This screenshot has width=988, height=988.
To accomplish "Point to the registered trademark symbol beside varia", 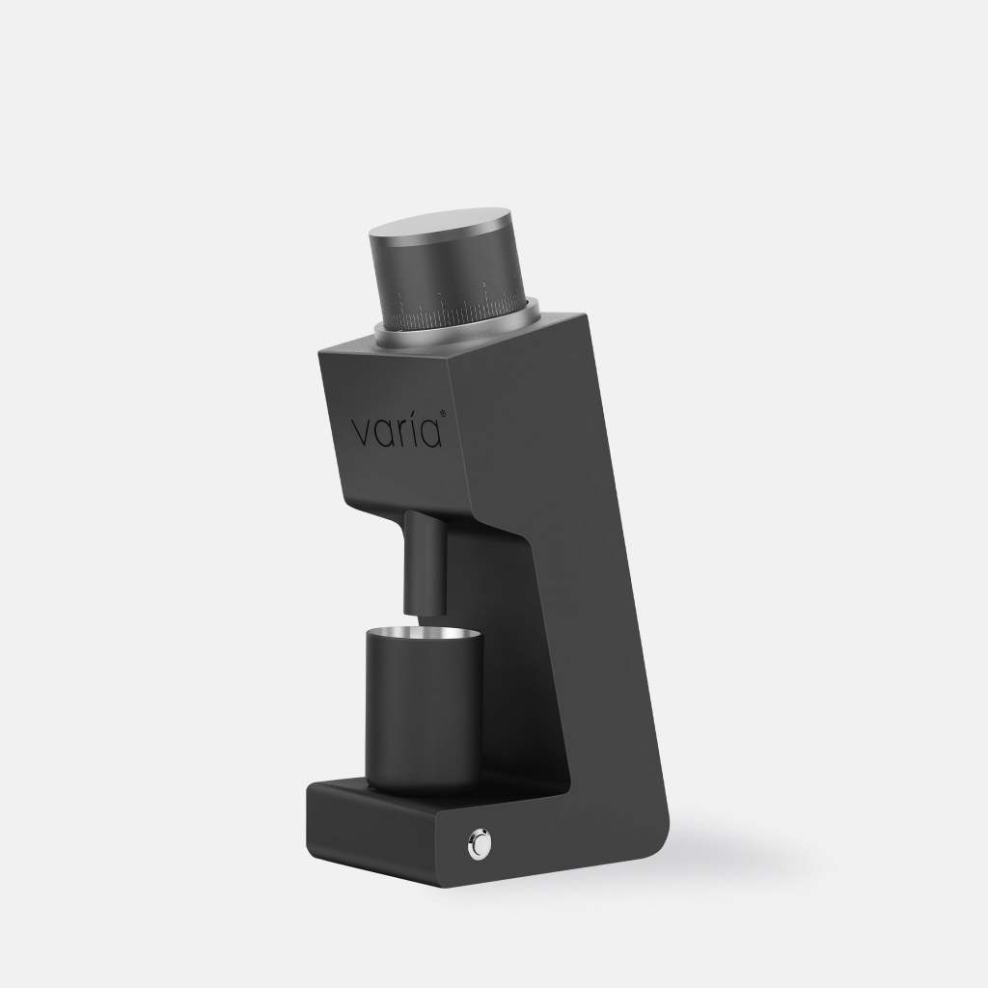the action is [443, 413].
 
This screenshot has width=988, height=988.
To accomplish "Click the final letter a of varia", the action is [429, 433].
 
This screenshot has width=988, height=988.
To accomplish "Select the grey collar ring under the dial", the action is [457, 327].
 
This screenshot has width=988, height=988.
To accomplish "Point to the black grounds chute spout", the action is [425, 563].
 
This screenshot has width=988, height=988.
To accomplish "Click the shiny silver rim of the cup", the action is [425, 635].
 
